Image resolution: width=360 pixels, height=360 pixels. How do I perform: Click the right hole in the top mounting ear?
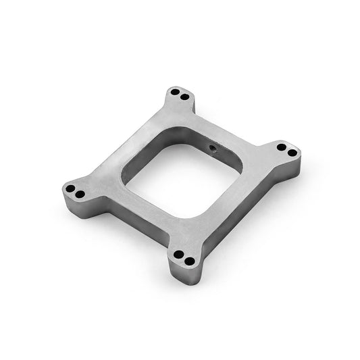[x=183, y=96]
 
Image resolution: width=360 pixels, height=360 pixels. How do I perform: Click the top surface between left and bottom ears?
[x=128, y=216]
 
